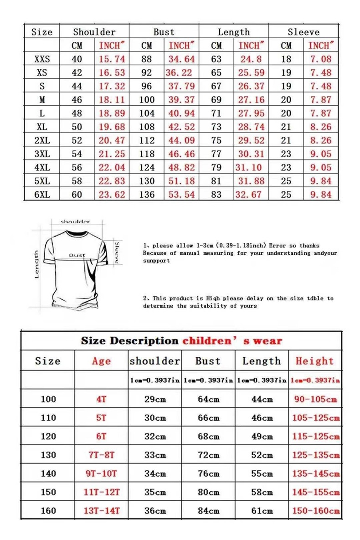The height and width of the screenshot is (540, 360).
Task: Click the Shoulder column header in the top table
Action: (94, 32)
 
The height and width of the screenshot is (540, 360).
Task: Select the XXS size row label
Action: (42, 59)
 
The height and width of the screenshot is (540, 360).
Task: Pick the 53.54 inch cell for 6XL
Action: (181, 195)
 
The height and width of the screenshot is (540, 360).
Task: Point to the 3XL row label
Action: (42, 154)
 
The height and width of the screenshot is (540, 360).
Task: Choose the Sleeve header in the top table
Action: (303, 32)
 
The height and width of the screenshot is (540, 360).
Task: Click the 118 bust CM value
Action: (147, 154)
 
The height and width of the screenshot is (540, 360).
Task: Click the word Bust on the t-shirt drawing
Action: (77, 255)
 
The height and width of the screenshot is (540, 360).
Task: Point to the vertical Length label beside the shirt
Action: (37, 264)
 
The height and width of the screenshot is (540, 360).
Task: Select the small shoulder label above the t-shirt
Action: (75, 222)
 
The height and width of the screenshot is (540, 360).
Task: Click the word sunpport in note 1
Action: (156, 261)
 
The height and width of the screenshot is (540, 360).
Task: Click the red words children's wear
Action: (232, 341)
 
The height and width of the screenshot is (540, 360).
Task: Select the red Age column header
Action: (101, 361)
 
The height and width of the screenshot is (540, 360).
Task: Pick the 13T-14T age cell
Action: (101, 511)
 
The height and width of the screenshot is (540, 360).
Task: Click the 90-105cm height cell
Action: (315, 399)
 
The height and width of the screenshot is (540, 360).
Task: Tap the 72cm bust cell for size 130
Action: (208, 455)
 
